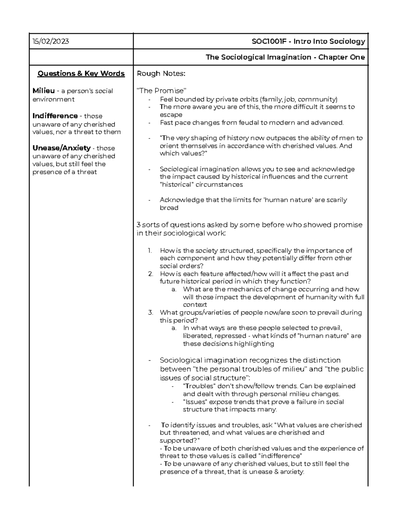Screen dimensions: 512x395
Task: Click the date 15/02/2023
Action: [51, 41]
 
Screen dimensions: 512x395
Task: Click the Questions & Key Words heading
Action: [81, 74]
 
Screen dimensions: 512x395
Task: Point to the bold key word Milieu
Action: [43, 91]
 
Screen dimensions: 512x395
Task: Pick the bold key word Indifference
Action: [55, 116]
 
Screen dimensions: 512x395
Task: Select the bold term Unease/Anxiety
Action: [61, 148]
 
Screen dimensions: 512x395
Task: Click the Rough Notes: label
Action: [161, 74]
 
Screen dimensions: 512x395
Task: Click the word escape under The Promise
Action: [171, 115]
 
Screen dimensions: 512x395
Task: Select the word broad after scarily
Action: [169, 208]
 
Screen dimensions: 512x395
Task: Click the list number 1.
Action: [150, 251]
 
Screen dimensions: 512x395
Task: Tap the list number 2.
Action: [150, 274]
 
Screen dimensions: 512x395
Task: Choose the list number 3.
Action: [150, 313]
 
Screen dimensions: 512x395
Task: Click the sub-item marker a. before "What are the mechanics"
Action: [174, 289]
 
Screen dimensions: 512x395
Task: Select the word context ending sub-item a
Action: [195, 305]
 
